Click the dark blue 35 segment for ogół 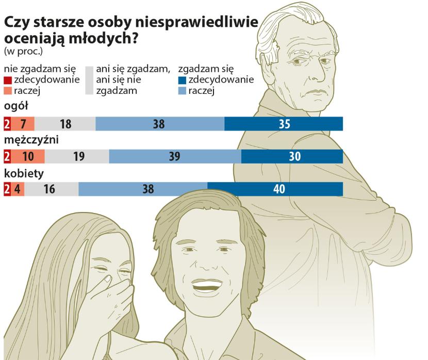284,124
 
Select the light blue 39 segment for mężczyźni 175,156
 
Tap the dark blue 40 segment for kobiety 275,189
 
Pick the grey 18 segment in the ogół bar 65,124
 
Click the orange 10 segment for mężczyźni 28,156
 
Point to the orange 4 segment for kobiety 18,189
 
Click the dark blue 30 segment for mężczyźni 292,156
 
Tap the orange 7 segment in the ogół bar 23,124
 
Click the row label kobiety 23,173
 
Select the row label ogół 15,106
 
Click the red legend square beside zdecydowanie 7,80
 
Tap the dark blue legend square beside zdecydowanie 181,80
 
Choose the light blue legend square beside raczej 181,92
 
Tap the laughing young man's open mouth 208,284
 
